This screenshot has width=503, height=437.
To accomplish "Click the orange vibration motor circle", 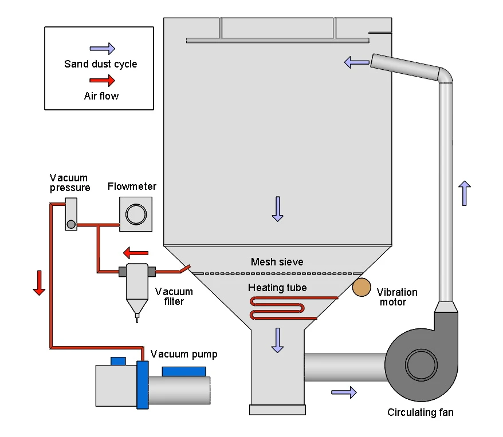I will [x=361, y=287].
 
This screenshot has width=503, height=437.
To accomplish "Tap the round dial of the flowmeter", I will [x=136, y=214].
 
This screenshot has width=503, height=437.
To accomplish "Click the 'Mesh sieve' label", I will [x=277, y=262].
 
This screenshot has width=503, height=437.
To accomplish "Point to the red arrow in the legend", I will [x=103, y=81].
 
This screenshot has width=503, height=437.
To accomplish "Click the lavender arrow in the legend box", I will [x=103, y=49].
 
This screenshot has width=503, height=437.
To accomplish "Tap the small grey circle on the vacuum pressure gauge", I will [x=71, y=224].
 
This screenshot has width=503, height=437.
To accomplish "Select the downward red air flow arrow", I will [x=39, y=283].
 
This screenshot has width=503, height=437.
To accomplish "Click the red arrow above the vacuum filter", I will [x=136, y=252].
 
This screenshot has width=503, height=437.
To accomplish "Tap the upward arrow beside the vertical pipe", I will [x=464, y=193].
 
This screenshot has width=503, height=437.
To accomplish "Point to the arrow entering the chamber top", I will [x=356, y=62].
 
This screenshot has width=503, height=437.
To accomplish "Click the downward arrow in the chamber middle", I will [x=278, y=209].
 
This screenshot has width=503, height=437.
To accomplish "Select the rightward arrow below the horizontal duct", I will [x=344, y=392].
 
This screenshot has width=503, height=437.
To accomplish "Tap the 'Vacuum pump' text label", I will [x=184, y=354].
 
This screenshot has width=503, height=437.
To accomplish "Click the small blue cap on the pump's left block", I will [x=118, y=361].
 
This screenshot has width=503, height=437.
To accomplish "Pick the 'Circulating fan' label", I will [x=420, y=412].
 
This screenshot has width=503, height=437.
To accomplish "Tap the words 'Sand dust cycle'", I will [x=101, y=63].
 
